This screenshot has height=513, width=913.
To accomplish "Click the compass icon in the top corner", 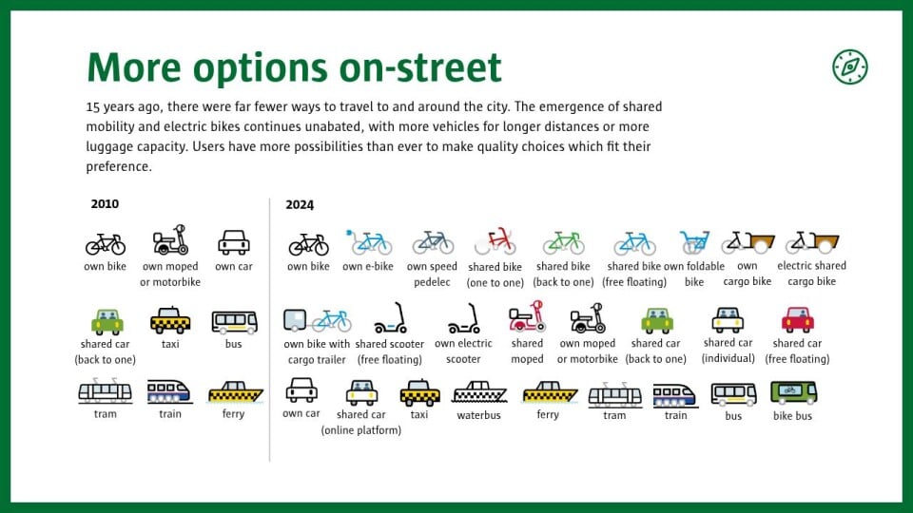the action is [849, 66].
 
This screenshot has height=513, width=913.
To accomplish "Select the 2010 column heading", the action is [105, 204].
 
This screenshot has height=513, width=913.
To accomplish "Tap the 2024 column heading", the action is [300, 205].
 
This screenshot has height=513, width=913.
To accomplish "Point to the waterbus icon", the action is [479, 392].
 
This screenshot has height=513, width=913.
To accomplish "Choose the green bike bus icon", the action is [793, 392].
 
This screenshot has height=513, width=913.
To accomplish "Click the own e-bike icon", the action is [369, 242].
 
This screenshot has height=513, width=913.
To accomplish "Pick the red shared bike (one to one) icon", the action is [495, 242].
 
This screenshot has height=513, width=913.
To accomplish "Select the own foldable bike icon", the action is [694, 242].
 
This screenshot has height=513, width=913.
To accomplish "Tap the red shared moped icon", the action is [527, 317].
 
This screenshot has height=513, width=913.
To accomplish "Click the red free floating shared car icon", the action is [797, 319].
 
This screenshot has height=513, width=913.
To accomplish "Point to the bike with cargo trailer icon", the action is [317, 320].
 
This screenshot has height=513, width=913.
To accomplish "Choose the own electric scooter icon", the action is [463, 318].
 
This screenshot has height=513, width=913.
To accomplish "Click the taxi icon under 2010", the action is [170, 320].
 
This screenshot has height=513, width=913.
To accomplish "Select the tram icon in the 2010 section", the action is [106, 390].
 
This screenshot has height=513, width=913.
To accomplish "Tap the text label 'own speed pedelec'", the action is [432, 275].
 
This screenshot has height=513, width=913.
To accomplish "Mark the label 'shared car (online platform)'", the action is [361, 422].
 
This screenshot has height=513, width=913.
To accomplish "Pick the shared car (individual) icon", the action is [728, 319].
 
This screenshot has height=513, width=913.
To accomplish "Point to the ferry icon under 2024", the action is [549, 392].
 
